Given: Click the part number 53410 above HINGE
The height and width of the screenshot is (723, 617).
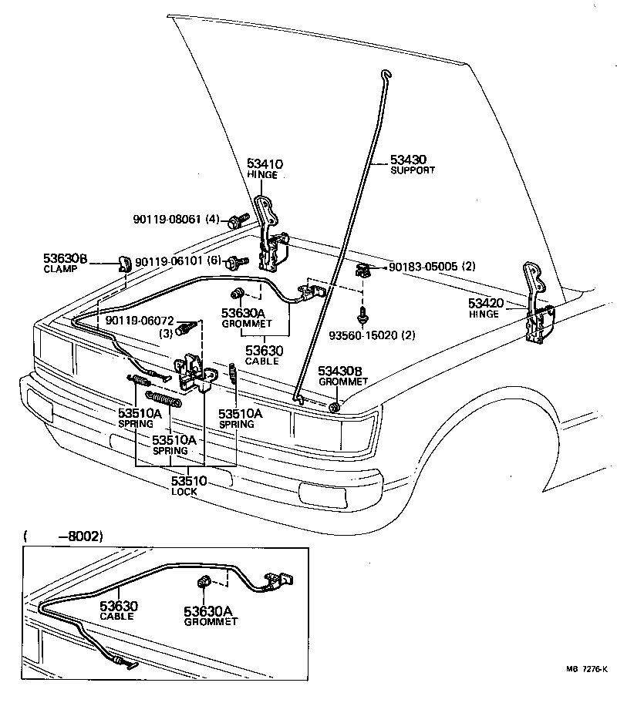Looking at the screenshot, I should pos(265,164).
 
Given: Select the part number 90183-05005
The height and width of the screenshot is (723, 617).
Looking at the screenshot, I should pos(420,266).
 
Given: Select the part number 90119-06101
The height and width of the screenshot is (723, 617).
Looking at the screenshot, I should pos(167,262).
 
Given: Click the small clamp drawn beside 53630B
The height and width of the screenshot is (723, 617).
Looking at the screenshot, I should pos(123,264).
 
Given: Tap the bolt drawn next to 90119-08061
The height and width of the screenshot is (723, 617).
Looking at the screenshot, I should pos(237,221).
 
